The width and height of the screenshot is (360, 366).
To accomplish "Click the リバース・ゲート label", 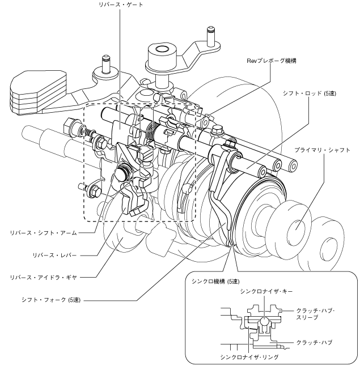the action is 121,5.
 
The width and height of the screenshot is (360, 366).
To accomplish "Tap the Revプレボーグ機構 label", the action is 272,61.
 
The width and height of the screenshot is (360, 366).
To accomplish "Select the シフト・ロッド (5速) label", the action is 310,93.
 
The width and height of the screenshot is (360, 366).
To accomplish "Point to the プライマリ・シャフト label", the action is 322,150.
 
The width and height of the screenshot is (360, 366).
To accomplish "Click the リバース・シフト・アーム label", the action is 43,233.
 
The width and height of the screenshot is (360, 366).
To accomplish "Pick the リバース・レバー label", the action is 54,255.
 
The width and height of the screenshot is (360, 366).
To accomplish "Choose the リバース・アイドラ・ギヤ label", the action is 43,277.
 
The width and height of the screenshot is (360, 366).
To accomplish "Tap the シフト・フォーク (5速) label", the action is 51,300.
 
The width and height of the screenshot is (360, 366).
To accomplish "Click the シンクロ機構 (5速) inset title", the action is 215,281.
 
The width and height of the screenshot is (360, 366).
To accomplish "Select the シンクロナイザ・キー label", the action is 266,291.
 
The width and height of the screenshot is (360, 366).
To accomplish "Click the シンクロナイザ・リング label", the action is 249,357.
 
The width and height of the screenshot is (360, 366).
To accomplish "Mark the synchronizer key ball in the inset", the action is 264,321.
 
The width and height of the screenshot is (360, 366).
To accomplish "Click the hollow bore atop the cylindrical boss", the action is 163,49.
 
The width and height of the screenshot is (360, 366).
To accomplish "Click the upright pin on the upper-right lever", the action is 210,36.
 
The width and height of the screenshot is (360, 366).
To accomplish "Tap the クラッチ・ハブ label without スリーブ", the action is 314,343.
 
